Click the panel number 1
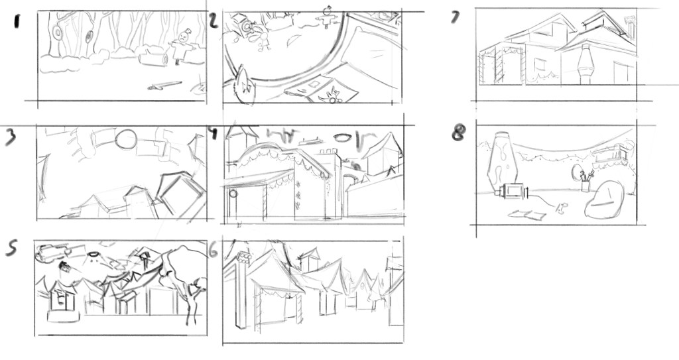click(x=17, y=21)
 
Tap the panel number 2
click(x=213, y=21)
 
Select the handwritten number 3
click(x=11, y=137)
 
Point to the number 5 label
click(x=12, y=248)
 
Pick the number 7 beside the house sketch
click(x=456, y=17)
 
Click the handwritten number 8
click(x=459, y=133)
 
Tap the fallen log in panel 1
click(x=153, y=60)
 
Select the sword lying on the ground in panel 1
click(x=164, y=86)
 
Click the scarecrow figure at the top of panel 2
click(x=327, y=18)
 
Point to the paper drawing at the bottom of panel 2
click(x=322, y=89)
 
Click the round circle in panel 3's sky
click(x=126, y=139)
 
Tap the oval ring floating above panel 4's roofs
click(x=343, y=138)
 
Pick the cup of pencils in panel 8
click(x=586, y=181)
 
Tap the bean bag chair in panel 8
click(x=605, y=200)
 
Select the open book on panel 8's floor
click(x=527, y=214)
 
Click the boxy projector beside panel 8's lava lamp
click(x=514, y=192)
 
